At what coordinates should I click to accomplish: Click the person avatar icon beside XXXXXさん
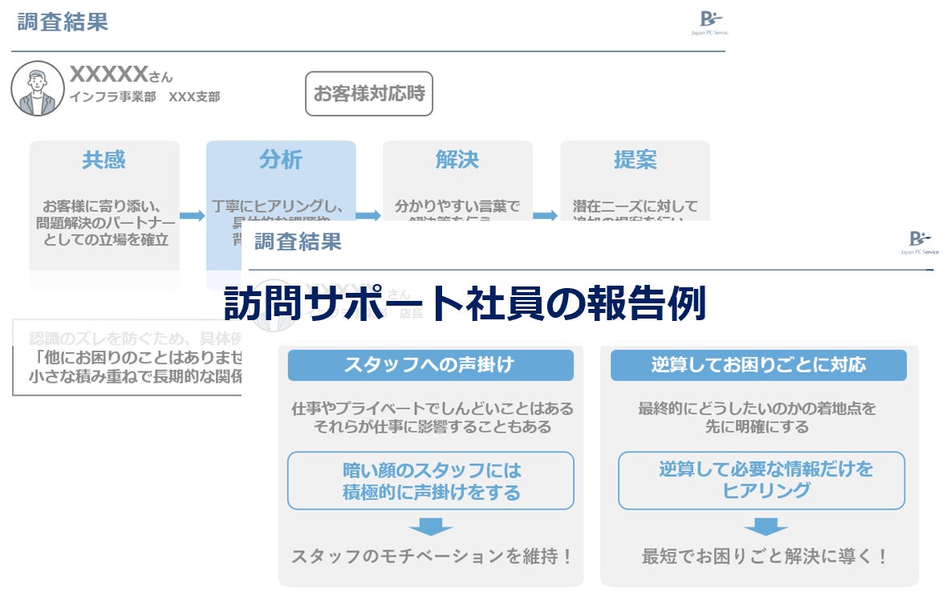point(38,88)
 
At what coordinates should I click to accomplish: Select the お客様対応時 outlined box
point(368,94)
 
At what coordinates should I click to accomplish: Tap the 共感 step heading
point(104,160)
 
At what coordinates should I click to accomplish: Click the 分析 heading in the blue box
point(281,160)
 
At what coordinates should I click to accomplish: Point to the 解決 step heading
point(457,160)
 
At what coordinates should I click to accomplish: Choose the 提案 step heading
point(635,160)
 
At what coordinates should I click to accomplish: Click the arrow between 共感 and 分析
point(193,215)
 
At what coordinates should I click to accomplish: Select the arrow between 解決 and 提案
point(546,215)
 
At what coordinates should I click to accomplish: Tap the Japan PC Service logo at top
point(710,22)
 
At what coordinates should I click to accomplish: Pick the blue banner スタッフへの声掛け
point(430,365)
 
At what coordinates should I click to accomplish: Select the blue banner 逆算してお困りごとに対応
point(758,365)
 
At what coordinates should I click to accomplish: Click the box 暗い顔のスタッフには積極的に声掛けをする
point(431,481)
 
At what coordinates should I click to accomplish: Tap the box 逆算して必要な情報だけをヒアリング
point(761,480)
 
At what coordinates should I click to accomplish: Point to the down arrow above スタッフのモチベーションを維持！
point(431,526)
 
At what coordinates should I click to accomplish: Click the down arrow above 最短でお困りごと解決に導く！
point(765,526)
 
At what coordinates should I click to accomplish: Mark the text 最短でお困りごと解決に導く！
point(765,556)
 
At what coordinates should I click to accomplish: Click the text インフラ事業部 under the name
point(112,97)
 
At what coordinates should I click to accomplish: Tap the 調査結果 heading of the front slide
point(298,241)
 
